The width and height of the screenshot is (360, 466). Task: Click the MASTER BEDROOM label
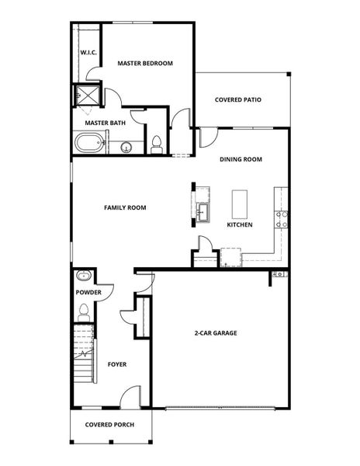144,63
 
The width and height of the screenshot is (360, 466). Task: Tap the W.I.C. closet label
87,53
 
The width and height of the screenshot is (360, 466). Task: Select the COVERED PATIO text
238,99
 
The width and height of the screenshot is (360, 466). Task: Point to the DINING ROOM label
241,159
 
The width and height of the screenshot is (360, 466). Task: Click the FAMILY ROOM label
125,207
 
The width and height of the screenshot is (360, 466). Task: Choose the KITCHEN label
240,224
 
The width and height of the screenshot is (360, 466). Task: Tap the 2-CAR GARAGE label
215,333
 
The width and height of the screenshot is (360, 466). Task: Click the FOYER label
117,364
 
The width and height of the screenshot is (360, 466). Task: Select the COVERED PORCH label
109,425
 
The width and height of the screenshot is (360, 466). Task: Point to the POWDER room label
88,292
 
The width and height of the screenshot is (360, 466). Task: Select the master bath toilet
157,144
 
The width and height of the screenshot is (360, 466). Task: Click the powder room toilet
83,312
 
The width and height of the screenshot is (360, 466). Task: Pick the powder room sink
83,276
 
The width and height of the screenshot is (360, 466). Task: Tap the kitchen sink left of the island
203,210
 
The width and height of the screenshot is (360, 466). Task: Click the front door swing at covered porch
132,397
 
